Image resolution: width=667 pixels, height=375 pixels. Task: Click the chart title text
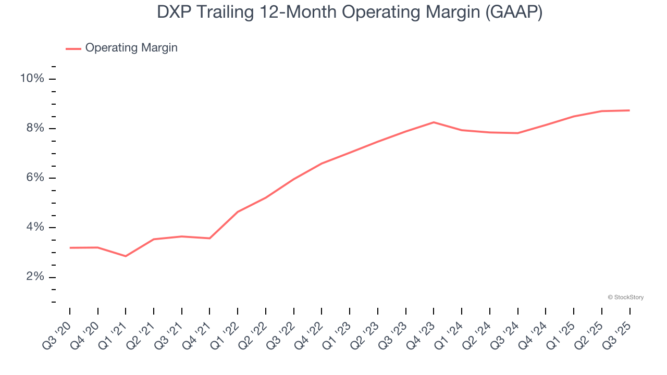click(x=350, y=12)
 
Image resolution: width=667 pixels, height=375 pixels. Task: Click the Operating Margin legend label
click(x=131, y=48)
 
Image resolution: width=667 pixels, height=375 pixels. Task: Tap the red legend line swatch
click(x=73, y=48)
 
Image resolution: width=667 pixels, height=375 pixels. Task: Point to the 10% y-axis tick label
click(x=32, y=79)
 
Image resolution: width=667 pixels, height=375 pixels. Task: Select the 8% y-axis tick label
click(x=35, y=128)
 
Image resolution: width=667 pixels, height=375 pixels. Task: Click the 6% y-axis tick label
click(x=35, y=178)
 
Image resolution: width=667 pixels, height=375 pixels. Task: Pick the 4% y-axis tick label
click(x=35, y=227)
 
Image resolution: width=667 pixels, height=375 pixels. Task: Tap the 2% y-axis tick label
click(x=35, y=277)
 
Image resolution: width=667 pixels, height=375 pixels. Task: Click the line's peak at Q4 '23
click(x=434, y=122)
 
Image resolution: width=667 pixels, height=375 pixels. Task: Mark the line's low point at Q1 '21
click(x=126, y=256)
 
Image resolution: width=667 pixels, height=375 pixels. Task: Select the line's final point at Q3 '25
click(x=629, y=110)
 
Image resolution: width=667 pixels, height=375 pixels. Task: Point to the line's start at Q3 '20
click(x=70, y=248)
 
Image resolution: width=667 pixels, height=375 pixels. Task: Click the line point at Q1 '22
click(x=238, y=211)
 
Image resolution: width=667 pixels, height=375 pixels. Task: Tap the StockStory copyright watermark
click(x=626, y=297)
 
